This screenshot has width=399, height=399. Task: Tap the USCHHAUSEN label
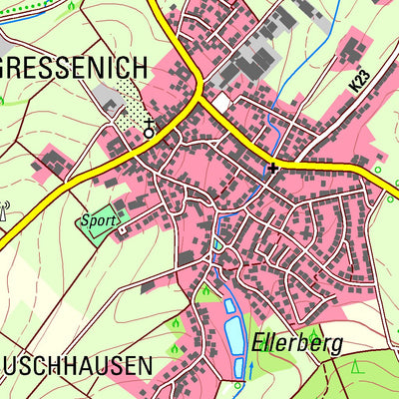76,366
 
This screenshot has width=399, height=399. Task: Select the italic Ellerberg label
296,344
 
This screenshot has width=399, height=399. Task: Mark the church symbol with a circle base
149,129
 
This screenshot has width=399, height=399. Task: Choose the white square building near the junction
220,102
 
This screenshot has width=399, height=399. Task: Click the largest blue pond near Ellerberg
235,334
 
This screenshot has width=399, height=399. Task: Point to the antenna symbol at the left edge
5,211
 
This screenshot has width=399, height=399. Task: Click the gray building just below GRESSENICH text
107,96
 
